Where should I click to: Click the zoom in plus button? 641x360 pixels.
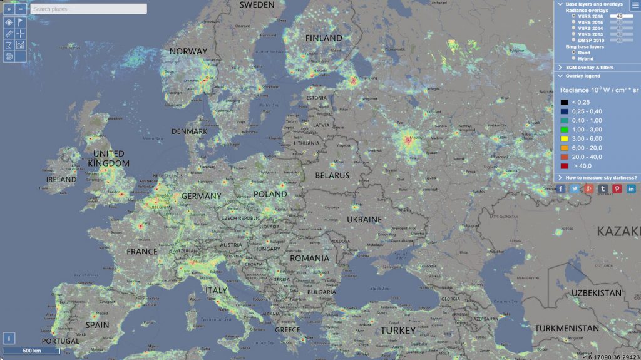click(x=9, y=9)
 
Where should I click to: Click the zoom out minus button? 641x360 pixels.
click(x=21, y=9)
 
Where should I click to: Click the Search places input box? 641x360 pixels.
click(x=89, y=9)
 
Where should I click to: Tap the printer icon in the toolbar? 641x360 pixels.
click(x=9, y=56)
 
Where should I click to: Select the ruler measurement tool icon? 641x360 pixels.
click(x=9, y=33)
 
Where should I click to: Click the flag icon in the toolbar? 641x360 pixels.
click(x=21, y=21)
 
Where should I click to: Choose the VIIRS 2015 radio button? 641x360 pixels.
click(x=574, y=22)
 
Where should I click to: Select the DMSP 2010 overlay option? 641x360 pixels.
click(x=574, y=40)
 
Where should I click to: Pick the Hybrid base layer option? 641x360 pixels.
click(x=574, y=59)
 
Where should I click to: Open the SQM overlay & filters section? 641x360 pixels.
click(x=588, y=67)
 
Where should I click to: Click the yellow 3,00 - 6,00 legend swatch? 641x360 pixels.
click(x=564, y=138)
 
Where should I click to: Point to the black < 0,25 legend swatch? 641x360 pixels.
click(x=564, y=101)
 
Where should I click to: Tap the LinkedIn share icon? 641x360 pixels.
click(x=632, y=189)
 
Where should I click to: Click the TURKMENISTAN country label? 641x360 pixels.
click(x=567, y=328)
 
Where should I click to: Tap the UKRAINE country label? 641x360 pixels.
click(x=364, y=220)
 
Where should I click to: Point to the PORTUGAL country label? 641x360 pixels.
click(x=61, y=341)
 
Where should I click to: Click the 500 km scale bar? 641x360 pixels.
click(x=31, y=351)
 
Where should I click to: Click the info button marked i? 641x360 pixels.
click(x=9, y=337)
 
